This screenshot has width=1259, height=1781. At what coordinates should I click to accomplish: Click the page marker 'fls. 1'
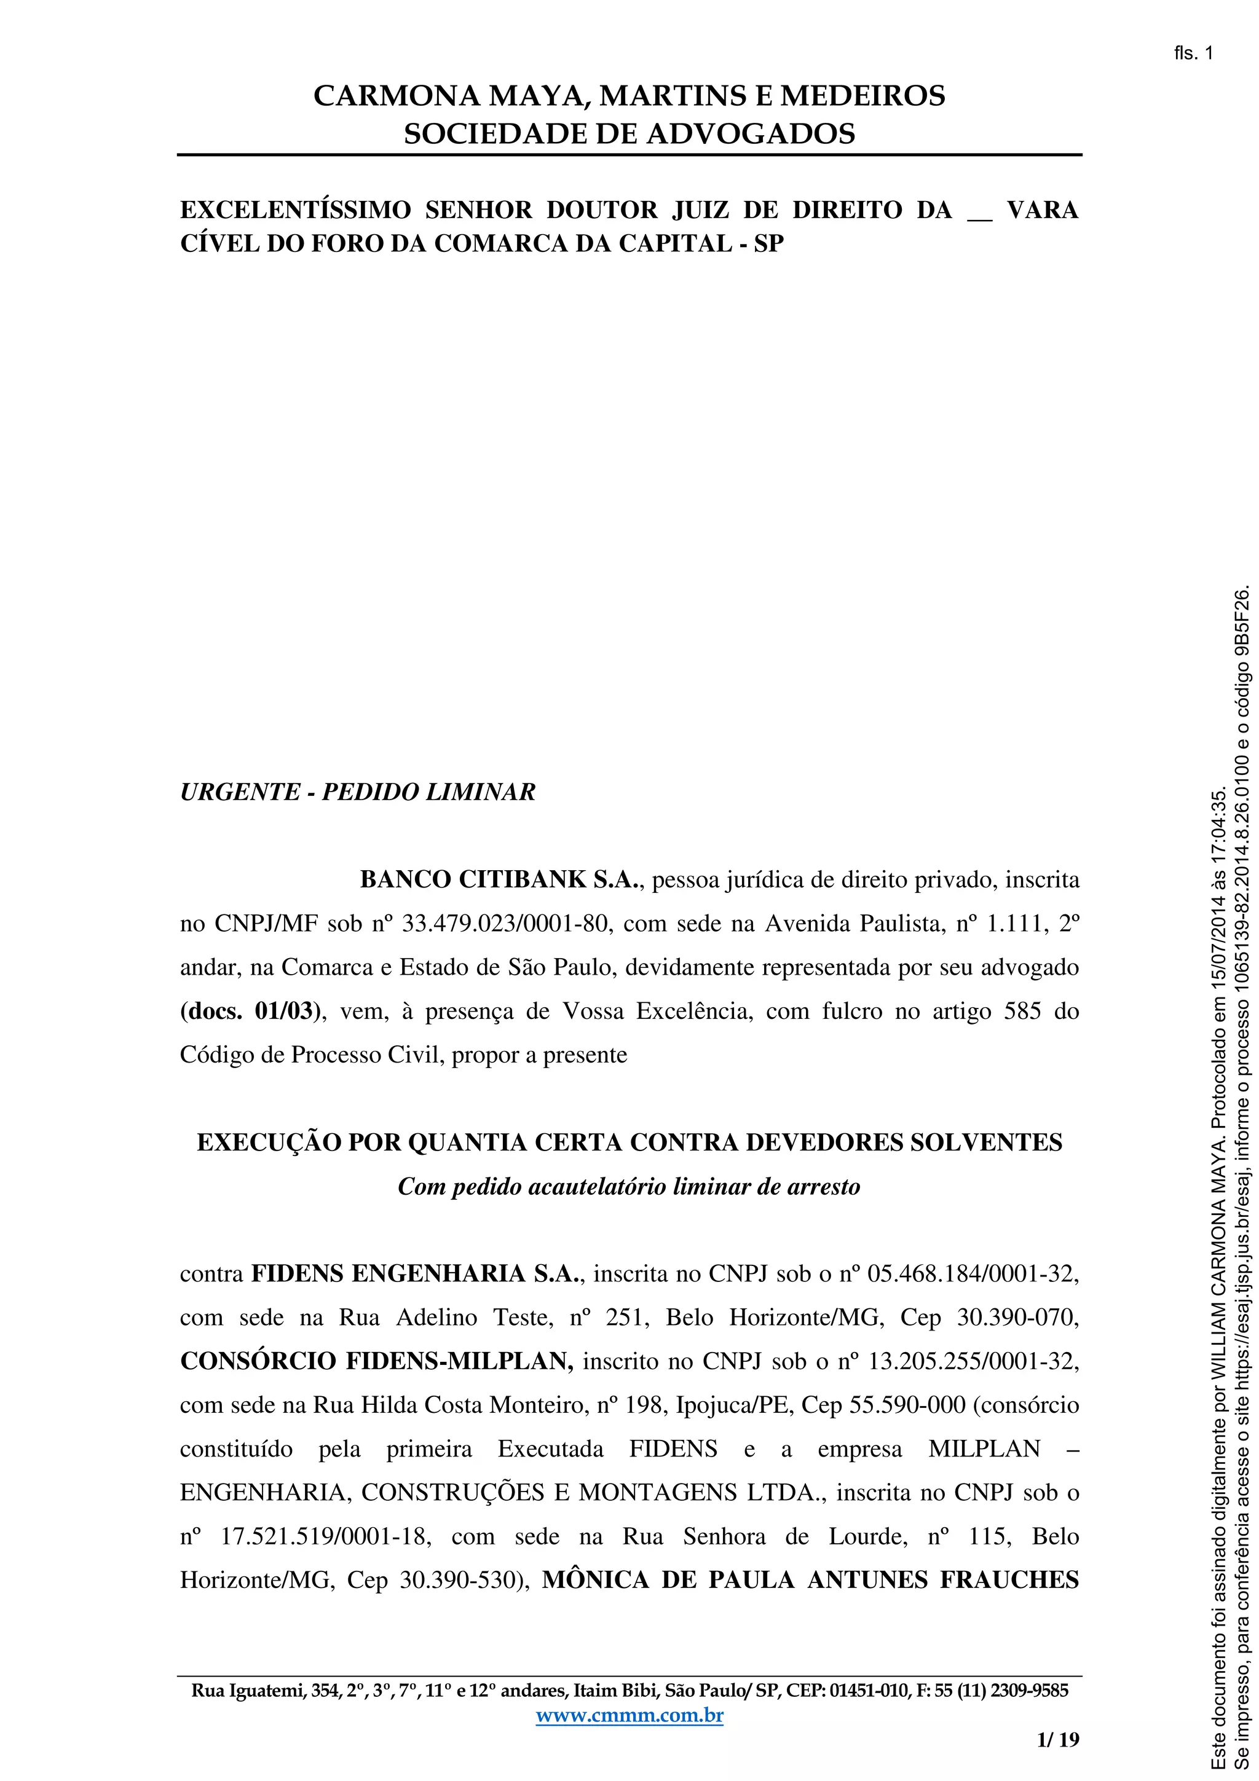(1193, 53)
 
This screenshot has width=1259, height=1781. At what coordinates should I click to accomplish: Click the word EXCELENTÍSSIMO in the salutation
(296, 210)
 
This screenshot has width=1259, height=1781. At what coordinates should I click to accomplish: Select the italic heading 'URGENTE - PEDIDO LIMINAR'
(358, 792)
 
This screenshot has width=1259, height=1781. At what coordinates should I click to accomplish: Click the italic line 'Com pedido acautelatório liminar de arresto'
(629, 1187)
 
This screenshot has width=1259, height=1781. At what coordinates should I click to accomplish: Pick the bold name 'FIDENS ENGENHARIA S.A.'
(416, 1274)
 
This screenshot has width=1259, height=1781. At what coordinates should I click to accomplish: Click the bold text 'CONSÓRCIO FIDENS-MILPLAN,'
(377, 1361)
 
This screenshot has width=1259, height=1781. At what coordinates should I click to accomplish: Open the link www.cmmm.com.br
(629, 1715)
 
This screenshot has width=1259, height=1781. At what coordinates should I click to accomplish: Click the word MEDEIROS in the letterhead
(862, 96)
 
